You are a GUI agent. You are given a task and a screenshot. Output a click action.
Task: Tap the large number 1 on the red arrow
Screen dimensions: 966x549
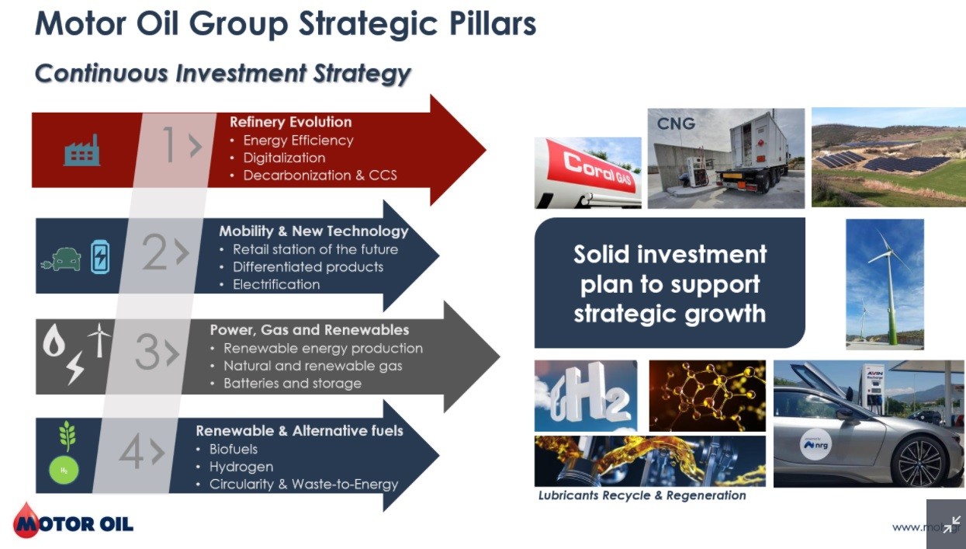click(x=170, y=144)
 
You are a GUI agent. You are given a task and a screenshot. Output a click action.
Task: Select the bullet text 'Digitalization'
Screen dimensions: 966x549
click(x=284, y=158)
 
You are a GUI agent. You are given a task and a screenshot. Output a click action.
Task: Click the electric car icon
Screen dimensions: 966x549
click(x=61, y=259)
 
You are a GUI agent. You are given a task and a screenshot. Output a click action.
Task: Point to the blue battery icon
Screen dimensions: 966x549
click(x=100, y=257)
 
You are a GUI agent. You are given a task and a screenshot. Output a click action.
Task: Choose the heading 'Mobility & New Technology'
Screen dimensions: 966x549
click(x=313, y=231)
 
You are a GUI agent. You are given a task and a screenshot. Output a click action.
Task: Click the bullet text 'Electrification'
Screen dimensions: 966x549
click(x=276, y=284)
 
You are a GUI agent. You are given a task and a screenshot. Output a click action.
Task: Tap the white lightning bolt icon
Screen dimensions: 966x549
click(x=75, y=367)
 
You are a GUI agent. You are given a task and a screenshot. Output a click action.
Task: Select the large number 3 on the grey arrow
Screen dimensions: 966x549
click(x=147, y=351)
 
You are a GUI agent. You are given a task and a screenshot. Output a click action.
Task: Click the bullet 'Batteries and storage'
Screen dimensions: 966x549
click(x=293, y=384)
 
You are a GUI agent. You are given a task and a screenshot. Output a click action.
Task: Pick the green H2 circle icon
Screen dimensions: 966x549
click(x=64, y=470)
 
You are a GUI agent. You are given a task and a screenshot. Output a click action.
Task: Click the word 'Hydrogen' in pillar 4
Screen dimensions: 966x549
click(x=241, y=467)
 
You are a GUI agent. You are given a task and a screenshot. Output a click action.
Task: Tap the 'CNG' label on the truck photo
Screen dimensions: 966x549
click(x=676, y=124)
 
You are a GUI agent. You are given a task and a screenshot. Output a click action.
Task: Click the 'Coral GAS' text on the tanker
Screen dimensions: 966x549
click(x=597, y=172)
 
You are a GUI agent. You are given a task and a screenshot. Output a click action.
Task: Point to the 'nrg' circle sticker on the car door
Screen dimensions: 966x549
click(x=815, y=444)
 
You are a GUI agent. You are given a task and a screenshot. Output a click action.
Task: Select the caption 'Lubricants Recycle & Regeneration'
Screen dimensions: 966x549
click(x=642, y=495)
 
